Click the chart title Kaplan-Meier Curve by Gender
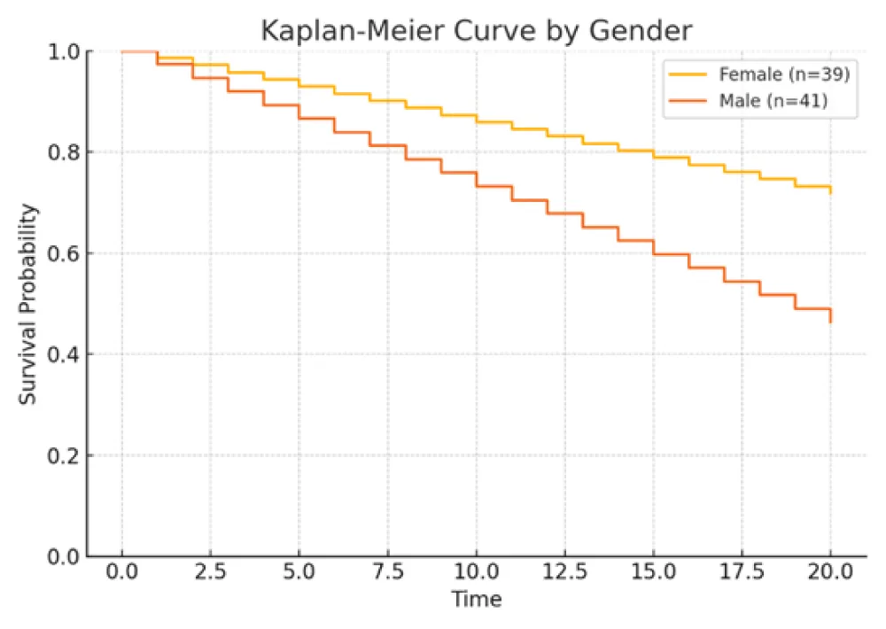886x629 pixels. (x=476, y=30)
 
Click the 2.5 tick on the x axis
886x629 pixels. (x=211, y=573)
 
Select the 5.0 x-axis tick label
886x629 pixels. (x=299, y=573)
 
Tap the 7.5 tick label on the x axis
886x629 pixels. (x=388, y=573)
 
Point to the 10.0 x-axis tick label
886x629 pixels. (x=477, y=573)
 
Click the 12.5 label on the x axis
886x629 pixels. (x=565, y=573)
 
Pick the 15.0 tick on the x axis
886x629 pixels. (x=654, y=573)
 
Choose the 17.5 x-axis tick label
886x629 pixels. (x=742, y=573)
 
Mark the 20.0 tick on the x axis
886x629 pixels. (x=831, y=573)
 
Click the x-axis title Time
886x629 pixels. (x=477, y=600)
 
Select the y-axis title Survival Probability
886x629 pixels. (x=29, y=304)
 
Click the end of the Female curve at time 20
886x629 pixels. (x=831, y=191)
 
